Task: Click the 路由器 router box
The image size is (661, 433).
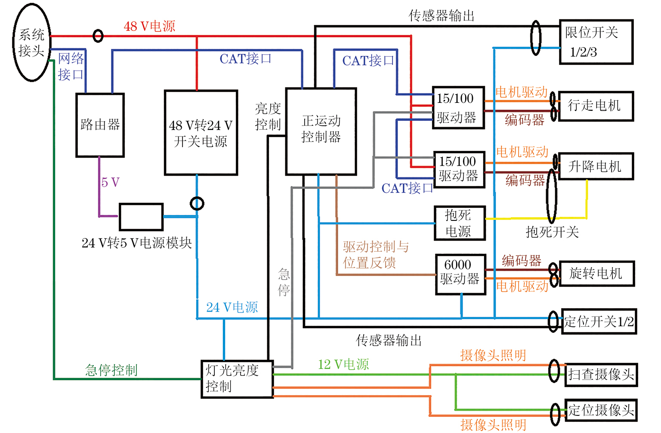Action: pyautogui.click(x=100, y=125)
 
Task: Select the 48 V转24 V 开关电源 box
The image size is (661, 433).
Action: pyautogui.click(x=201, y=133)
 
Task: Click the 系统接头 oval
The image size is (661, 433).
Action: pyautogui.click(x=31, y=43)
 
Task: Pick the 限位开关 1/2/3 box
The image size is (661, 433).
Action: pyautogui.click(x=596, y=42)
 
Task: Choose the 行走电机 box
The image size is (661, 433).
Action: pyautogui.click(x=596, y=105)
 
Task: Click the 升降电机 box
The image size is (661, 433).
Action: pyautogui.click(x=596, y=166)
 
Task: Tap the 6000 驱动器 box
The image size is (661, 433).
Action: pyautogui.click(x=460, y=274)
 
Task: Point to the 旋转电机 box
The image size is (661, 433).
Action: pyautogui.click(x=596, y=273)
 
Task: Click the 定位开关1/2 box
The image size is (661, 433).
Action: pyautogui.click(x=599, y=321)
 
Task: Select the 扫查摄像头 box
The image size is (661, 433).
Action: pyautogui.click(x=601, y=374)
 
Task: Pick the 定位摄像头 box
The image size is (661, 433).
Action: pyautogui.click(x=601, y=410)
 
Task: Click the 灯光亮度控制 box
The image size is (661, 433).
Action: pyautogui.click(x=237, y=379)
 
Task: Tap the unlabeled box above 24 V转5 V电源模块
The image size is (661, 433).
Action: pyautogui.click(x=141, y=217)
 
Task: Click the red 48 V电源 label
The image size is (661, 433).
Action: pyautogui.click(x=149, y=26)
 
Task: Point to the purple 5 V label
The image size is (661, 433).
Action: pyautogui.click(x=110, y=182)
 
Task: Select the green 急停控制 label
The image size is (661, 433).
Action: pyautogui.click(x=111, y=370)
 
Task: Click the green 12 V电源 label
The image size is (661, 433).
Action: pyautogui.click(x=343, y=365)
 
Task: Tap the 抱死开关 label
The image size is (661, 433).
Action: pyautogui.click(x=552, y=232)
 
